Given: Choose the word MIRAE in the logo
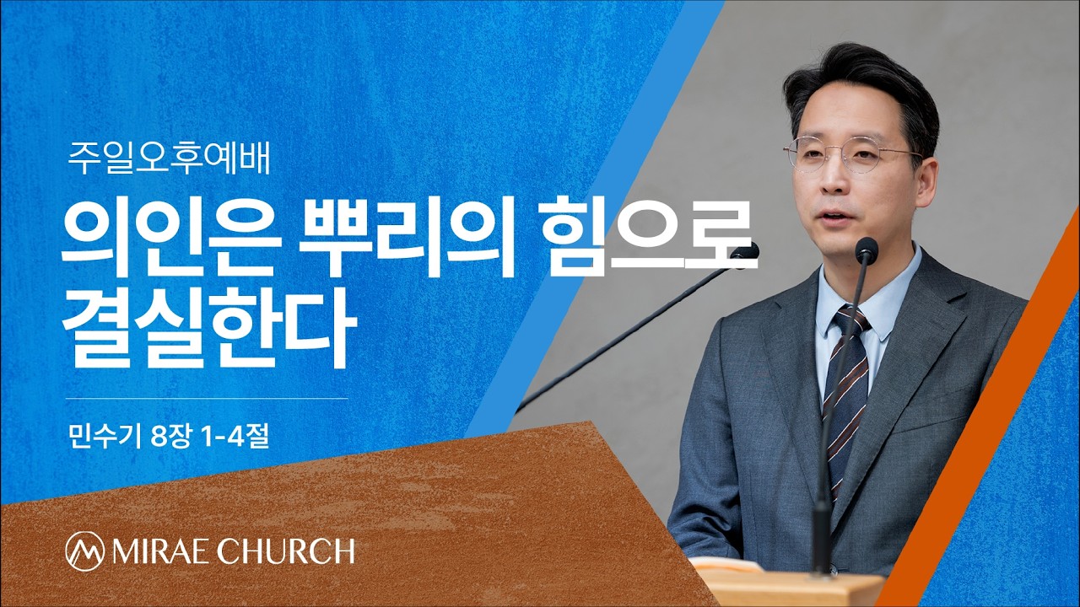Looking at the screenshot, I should (x=157, y=551).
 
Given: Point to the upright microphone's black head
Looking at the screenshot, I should (x=867, y=250).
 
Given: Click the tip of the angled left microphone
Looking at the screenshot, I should (x=745, y=251).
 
